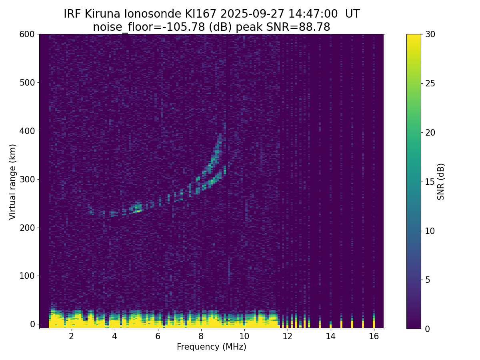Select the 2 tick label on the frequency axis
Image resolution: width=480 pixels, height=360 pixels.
[x=72, y=336]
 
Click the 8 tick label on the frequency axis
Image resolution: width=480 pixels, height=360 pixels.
[x=201, y=336]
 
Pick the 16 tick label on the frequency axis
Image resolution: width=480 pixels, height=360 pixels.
[x=374, y=336]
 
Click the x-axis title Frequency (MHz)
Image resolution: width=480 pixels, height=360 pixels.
[x=212, y=347]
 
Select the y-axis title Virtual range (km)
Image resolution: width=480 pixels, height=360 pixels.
[x=13, y=182]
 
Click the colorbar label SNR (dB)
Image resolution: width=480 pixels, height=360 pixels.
[x=441, y=182]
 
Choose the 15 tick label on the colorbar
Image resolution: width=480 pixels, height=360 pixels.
[x=430, y=182]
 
